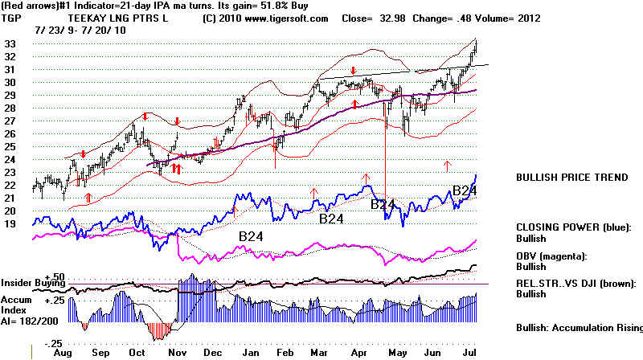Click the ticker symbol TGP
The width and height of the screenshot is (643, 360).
pos(12,18)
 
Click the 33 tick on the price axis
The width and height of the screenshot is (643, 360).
pos(11,43)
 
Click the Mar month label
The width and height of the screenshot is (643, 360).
pos(325,352)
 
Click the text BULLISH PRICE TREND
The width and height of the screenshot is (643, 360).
pos(571,178)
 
